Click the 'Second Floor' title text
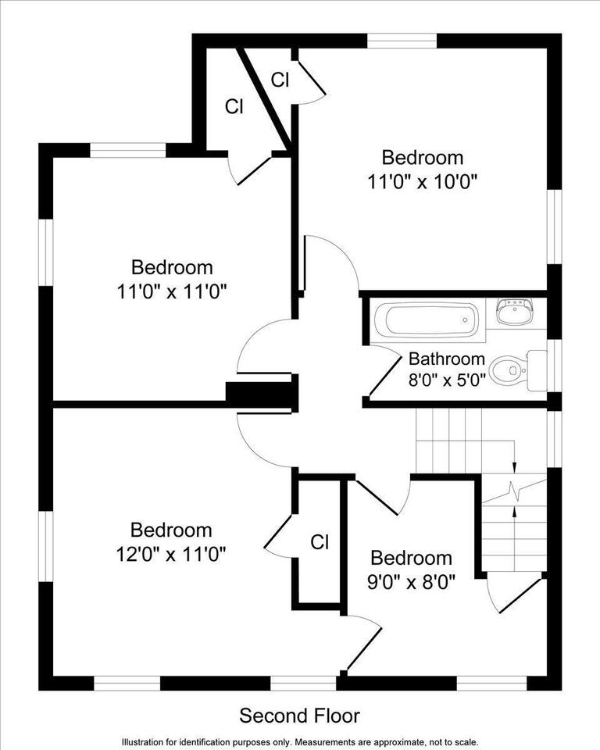(299, 715)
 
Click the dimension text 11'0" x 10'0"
(422, 180)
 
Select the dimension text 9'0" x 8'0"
(411, 581)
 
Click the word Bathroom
(447, 359)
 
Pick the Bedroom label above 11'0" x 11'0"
(171, 267)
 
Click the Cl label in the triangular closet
(280, 79)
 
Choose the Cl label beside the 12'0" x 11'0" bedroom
(320, 541)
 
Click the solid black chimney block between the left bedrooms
(260, 395)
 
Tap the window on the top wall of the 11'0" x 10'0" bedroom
(402, 40)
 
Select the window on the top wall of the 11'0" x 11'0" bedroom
(127, 150)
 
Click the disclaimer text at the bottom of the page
(299, 741)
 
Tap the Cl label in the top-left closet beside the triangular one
(234, 107)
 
